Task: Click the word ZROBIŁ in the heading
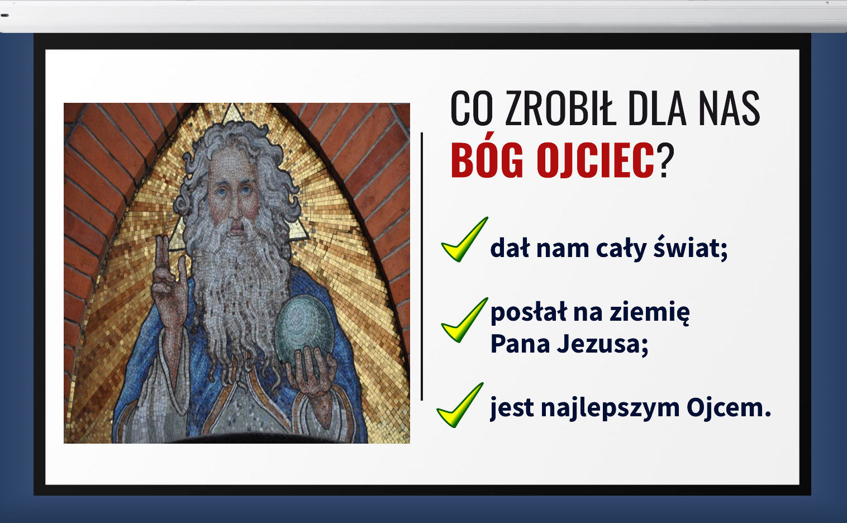click(x=561, y=108)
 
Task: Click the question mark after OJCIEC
click(x=665, y=160)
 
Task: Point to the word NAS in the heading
click(x=729, y=108)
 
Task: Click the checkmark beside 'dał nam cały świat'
click(x=465, y=239)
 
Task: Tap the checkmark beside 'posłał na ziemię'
click(x=465, y=320)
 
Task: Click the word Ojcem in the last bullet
click(x=729, y=407)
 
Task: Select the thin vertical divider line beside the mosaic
click(x=422, y=266)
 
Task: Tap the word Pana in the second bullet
click(x=520, y=344)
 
